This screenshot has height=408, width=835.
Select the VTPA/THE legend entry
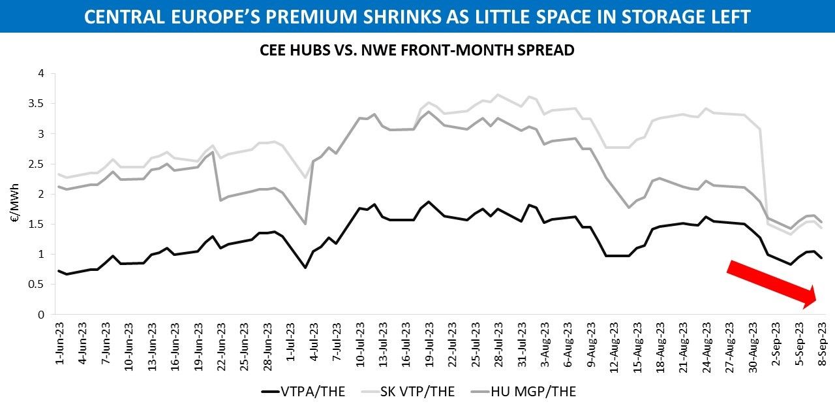[x=311, y=392]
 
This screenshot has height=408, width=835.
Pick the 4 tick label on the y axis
[x=40, y=74]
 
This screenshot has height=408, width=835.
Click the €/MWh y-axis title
[x=14, y=194]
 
